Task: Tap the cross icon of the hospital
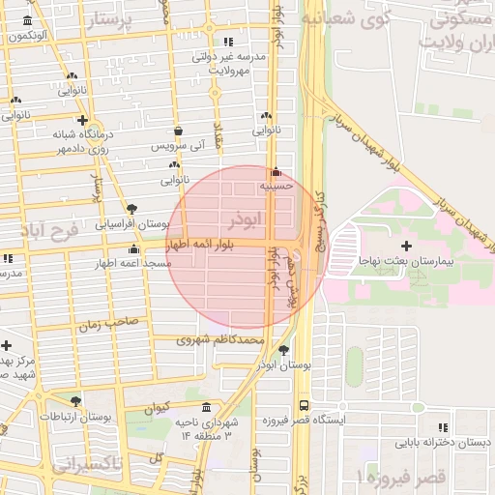click(x=419, y=246)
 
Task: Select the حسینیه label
click(x=276, y=185)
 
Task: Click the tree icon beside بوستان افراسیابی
click(x=132, y=208)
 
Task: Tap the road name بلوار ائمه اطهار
click(x=214, y=245)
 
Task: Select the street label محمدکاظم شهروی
click(x=220, y=340)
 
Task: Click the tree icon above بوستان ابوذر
click(x=283, y=350)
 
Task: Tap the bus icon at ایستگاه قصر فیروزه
click(x=305, y=406)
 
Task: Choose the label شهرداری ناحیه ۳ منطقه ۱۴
click(x=204, y=429)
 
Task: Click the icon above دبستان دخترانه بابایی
click(x=443, y=427)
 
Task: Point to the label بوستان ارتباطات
click(x=76, y=417)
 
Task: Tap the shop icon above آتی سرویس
click(x=178, y=131)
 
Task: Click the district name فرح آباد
click(x=46, y=233)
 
